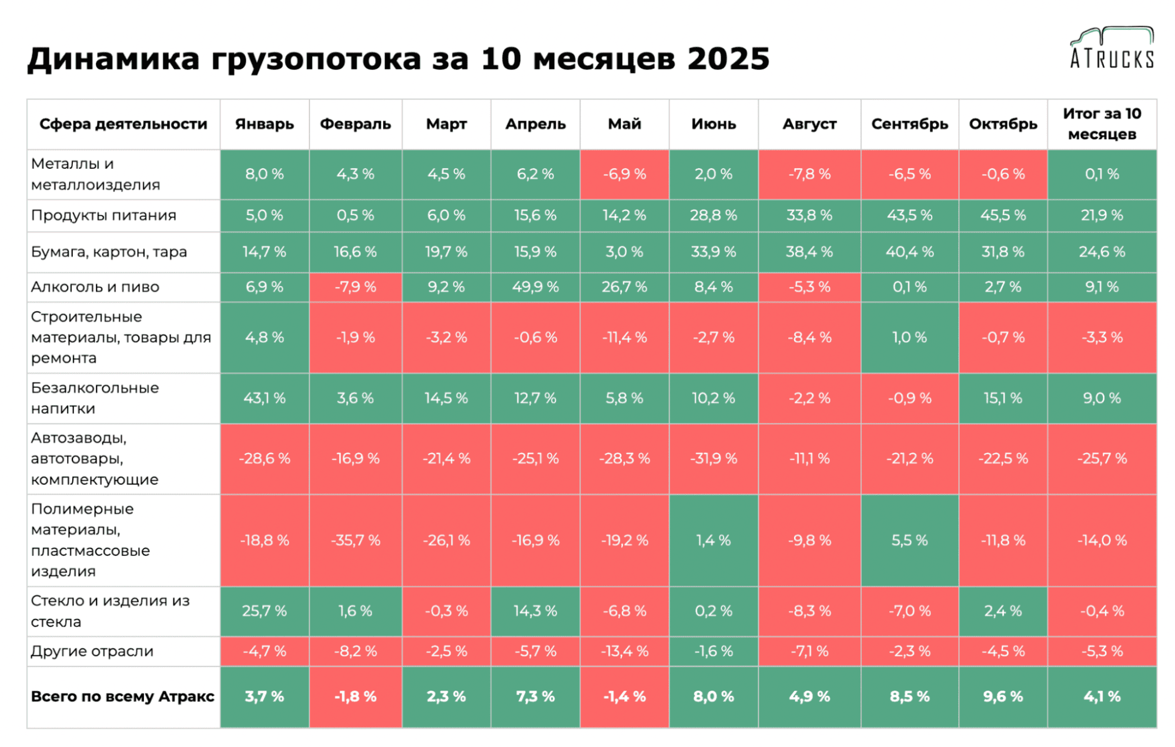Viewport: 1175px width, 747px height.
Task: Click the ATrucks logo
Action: [x=1112, y=48]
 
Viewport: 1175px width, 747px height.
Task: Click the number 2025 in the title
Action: [x=728, y=59]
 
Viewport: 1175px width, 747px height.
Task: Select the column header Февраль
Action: [x=355, y=124]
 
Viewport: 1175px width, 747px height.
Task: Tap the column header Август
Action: [x=809, y=124]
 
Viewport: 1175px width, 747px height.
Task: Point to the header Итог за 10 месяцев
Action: [x=1102, y=124]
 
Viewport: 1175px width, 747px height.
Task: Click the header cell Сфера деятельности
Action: [x=123, y=124]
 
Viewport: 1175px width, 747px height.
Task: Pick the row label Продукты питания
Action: [x=103, y=215]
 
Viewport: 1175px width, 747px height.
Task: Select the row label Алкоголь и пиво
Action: [x=95, y=287]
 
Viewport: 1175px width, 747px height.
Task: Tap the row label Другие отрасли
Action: [x=92, y=651]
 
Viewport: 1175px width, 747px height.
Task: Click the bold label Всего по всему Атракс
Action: [x=122, y=696]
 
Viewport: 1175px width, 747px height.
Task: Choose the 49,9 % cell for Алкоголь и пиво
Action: [x=535, y=287]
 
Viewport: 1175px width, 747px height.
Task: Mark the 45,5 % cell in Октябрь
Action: [x=1003, y=215]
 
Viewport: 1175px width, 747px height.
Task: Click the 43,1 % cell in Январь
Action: [x=265, y=398]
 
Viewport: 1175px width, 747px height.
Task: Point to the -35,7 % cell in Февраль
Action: [x=355, y=540]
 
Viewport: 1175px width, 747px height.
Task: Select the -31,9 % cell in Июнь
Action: [x=713, y=458]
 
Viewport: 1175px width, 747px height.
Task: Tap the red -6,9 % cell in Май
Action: [x=624, y=174]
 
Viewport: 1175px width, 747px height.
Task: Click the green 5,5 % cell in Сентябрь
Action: [x=909, y=540]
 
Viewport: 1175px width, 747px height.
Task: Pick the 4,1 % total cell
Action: [x=1102, y=696]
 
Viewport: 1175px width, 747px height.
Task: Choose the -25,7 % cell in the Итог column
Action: [x=1102, y=458]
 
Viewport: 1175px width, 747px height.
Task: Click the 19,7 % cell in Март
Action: [x=446, y=252]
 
